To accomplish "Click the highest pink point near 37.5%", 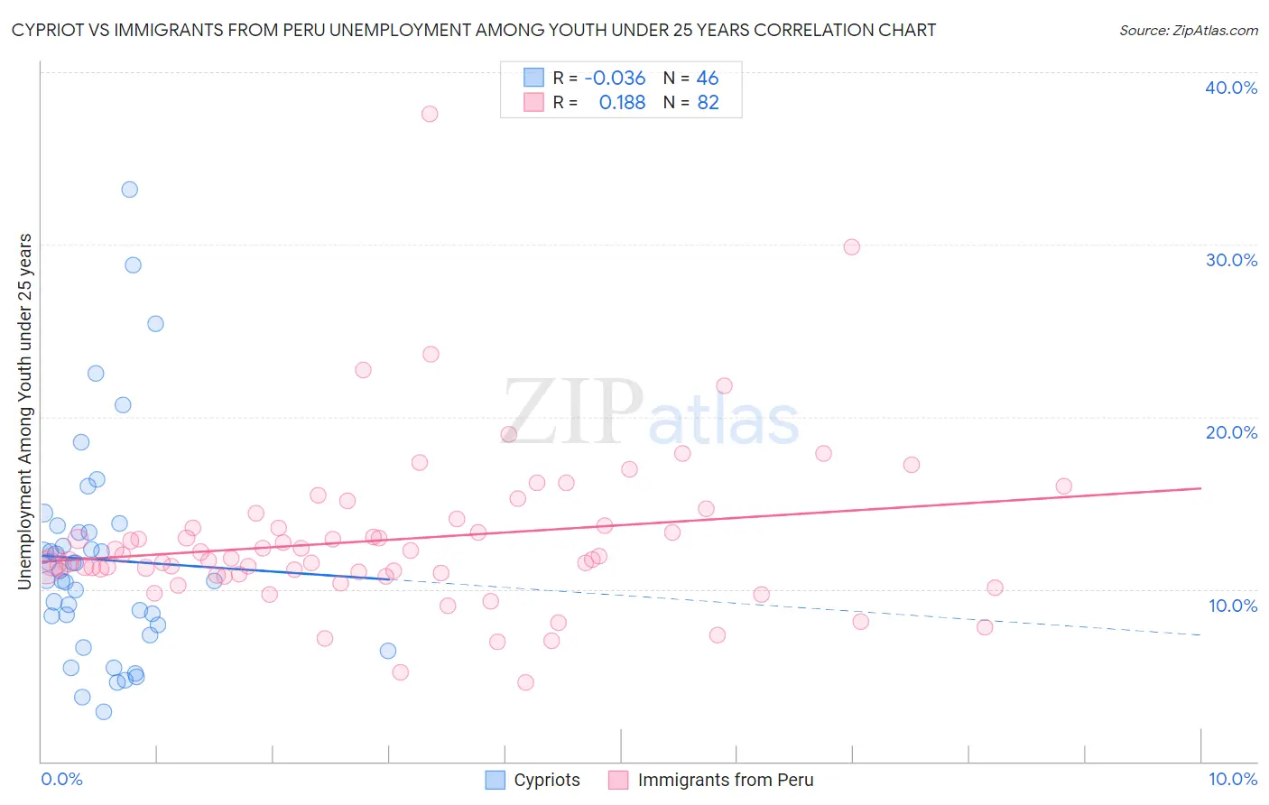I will [x=430, y=114].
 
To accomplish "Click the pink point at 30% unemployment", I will [x=851, y=246].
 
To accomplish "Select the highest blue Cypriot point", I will [x=130, y=190].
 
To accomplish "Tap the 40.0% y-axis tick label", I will [x=1231, y=88].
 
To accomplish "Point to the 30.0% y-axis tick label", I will [x=1231, y=260].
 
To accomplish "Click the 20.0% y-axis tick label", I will [x=1231, y=432].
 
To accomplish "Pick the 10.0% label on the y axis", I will [x=1233, y=606].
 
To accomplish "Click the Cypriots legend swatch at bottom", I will [x=495, y=780].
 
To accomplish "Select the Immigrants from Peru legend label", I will [x=726, y=780].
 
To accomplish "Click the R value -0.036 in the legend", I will [x=615, y=79].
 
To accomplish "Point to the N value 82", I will [x=708, y=103].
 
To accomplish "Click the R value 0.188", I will [x=622, y=103].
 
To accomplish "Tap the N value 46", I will [x=708, y=79].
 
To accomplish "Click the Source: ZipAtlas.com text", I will [x=1188, y=31].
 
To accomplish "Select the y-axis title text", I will [x=25, y=412].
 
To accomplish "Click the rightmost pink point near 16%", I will [x=1063, y=486].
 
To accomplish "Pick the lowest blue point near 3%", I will [x=104, y=711].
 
